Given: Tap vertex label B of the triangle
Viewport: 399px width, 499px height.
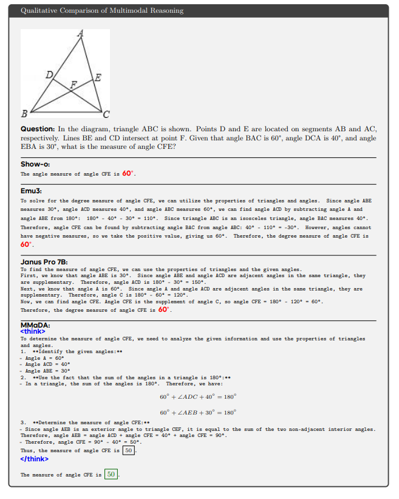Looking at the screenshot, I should click(x=24, y=114).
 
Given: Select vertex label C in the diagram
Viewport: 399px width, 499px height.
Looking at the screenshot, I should click(x=107, y=114).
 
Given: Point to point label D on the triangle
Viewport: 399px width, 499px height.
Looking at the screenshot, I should click(x=49, y=75).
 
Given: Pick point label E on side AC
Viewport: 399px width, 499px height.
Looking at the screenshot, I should click(x=98, y=77).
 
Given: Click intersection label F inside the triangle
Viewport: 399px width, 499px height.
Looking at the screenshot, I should click(x=74, y=84).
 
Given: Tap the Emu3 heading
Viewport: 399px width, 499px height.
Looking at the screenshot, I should click(x=31, y=190).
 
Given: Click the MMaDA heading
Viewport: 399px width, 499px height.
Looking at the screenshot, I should click(x=35, y=325).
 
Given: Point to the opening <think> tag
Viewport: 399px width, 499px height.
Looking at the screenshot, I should click(x=32, y=332).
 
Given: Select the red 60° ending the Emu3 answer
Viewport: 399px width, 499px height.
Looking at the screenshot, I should click(x=26, y=244).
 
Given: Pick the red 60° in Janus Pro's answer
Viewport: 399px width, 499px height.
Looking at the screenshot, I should click(x=163, y=309).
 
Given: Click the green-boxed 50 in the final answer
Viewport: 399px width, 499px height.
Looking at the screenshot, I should click(x=111, y=474).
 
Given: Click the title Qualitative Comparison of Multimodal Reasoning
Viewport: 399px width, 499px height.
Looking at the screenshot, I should click(x=101, y=11).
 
